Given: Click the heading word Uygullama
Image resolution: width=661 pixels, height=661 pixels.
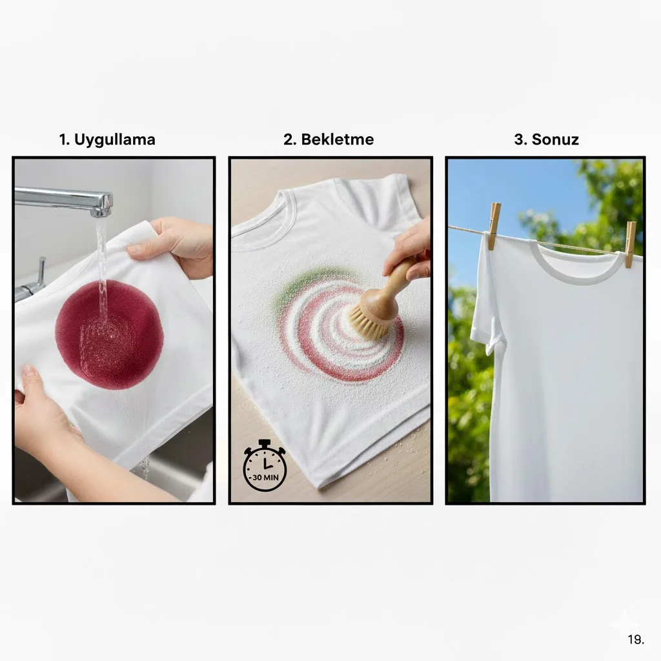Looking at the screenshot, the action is click(115, 140).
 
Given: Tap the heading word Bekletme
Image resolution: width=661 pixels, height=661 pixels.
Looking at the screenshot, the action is click(337, 139).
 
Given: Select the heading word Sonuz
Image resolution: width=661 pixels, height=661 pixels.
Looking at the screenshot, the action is click(554, 139).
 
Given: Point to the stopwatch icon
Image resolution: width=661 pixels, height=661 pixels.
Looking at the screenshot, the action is click(265, 465).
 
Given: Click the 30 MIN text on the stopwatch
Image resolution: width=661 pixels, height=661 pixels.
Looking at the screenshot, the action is click(265, 478).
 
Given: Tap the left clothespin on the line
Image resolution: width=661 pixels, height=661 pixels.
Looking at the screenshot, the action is click(494, 225).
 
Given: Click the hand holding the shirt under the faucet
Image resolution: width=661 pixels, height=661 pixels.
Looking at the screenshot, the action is click(177, 247).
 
